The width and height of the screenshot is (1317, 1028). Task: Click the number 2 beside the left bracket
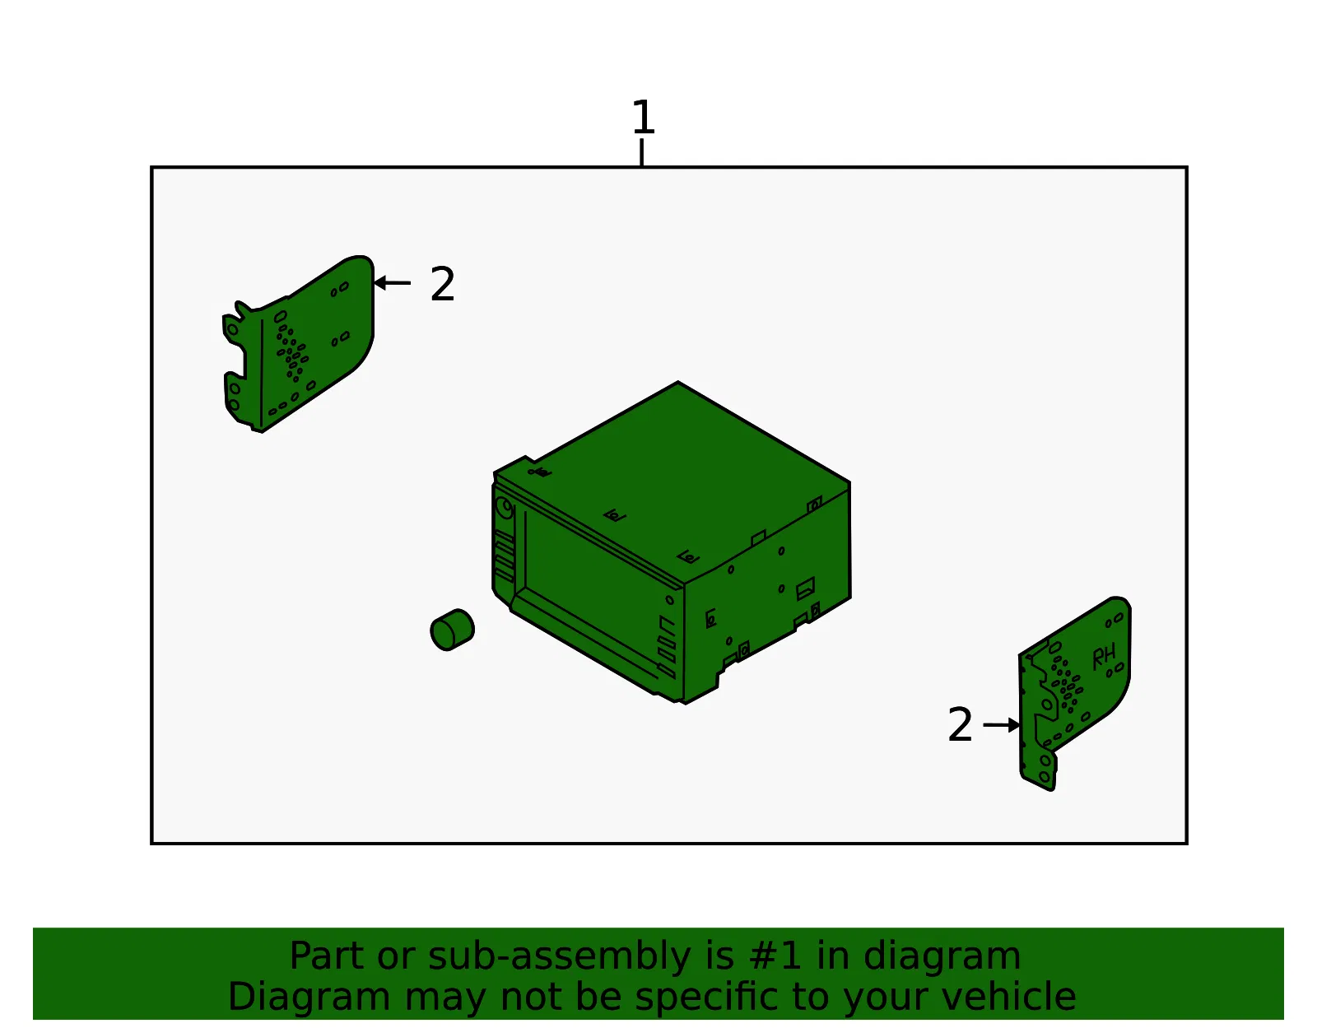(443, 283)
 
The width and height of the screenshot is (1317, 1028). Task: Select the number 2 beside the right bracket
(960, 724)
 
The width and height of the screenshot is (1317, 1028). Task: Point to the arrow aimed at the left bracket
(392, 283)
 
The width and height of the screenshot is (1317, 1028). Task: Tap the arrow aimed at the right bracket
(1001, 724)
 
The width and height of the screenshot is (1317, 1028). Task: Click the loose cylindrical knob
(452, 630)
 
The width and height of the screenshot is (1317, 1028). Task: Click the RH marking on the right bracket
(1104, 657)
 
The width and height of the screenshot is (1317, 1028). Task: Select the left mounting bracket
(298, 343)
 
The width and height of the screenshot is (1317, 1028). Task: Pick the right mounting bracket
(1074, 694)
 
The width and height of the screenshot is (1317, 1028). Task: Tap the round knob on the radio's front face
(505, 507)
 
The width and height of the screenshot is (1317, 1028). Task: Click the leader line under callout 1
(642, 152)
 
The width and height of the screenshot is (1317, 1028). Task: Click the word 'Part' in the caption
(328, 956)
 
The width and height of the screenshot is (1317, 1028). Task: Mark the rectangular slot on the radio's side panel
(806, 588)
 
